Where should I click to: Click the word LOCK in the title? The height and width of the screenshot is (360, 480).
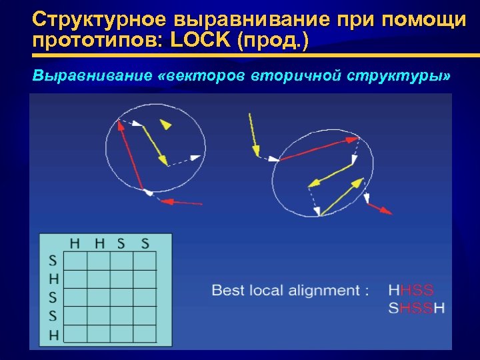coord(198,41)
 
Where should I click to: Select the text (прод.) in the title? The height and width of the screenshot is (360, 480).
coord(272,41)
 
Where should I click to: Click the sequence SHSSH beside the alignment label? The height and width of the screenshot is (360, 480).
coord(416,308)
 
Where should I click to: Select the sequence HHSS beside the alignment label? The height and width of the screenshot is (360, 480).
coord(411,290)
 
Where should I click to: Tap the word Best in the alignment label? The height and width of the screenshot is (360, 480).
coord(228,290)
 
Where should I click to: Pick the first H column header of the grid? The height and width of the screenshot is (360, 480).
coord(76,243)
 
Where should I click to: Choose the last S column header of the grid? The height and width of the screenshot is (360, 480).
coord(145,243)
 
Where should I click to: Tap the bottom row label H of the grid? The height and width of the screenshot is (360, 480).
coord(53,334)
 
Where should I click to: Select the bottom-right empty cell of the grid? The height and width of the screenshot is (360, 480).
coord(145,334)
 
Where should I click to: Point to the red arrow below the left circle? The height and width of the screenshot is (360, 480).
coord(182,201)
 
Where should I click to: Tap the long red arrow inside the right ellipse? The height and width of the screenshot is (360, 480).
coord(319,149)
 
